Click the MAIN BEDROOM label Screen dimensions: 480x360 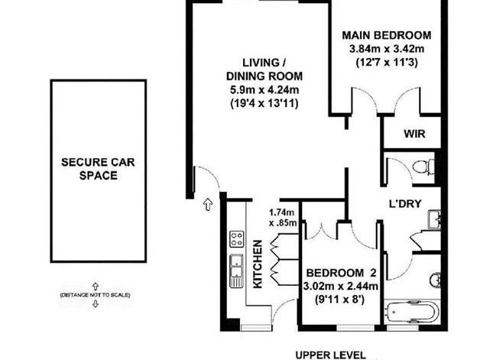tap(386, 35)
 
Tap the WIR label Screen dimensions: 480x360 tap(414, 134)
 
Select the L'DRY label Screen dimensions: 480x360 tap(405, 204)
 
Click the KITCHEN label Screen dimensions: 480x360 tap(258, 264)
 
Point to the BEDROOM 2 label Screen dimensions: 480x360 tap(341, 273)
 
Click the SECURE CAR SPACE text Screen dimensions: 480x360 tap(98, 169)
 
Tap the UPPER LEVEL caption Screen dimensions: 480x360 tap(331, 355)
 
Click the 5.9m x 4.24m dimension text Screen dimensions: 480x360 tap(264, 90)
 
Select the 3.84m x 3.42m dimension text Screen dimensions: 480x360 tap(387, 49)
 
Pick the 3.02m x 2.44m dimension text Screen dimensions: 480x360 tap(340, 286)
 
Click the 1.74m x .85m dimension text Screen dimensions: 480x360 tap(283, 217)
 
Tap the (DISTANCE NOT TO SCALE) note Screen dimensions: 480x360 tap(96, 295)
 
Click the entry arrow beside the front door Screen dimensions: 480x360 tap(208, 205)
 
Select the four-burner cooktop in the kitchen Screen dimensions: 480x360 tap(237, 239)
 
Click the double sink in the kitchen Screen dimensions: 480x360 tap(236, 271)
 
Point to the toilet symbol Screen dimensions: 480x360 tap(423, 167)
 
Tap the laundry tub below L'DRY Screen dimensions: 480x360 tap(434, 219)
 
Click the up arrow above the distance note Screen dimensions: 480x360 tap(96, 286)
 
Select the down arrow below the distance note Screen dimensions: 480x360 tap(96, 303)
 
